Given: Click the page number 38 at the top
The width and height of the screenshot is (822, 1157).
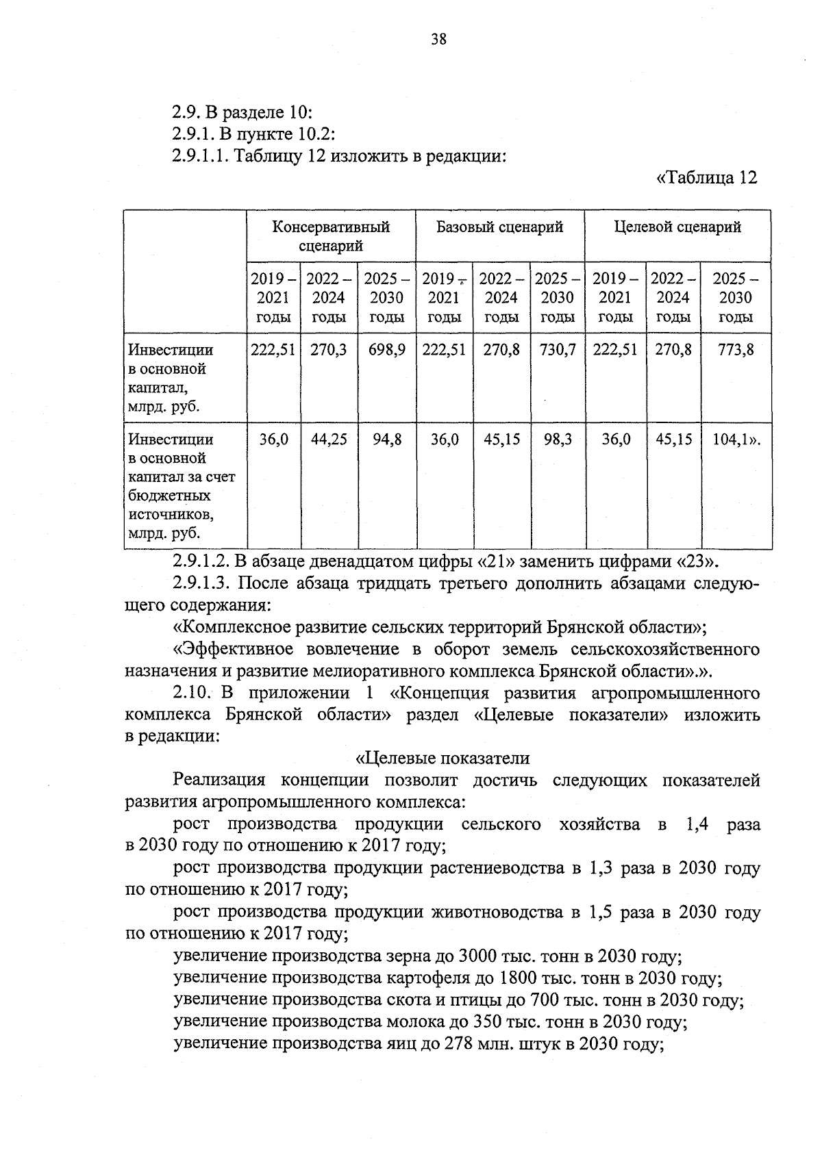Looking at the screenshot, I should pos(438,40).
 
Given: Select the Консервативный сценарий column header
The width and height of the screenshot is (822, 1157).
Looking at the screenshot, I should pos(331,236).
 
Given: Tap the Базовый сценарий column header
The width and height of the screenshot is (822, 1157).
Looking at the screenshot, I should pos(499,227).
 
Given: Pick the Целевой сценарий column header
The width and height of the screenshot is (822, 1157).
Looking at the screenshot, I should pos(677,227).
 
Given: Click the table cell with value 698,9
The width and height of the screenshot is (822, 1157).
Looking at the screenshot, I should pos(386,350).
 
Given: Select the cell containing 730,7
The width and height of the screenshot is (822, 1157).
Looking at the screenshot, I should pos(557,350).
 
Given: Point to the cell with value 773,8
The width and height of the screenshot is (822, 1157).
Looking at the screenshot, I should pos(735,350).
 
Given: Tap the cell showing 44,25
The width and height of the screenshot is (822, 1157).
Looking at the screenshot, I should pos(329,440).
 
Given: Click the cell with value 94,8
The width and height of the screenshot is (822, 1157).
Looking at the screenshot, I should pos(386,440).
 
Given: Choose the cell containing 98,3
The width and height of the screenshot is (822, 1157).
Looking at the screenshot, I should pos(557,440).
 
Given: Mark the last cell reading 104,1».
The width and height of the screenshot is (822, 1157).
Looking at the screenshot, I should pos(737,440).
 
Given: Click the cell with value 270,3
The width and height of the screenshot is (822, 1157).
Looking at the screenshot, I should pos(329,350).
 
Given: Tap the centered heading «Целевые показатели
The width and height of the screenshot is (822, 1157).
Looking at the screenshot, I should pos(443,758).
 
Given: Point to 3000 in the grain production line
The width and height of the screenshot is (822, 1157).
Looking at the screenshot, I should pos(479,956).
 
